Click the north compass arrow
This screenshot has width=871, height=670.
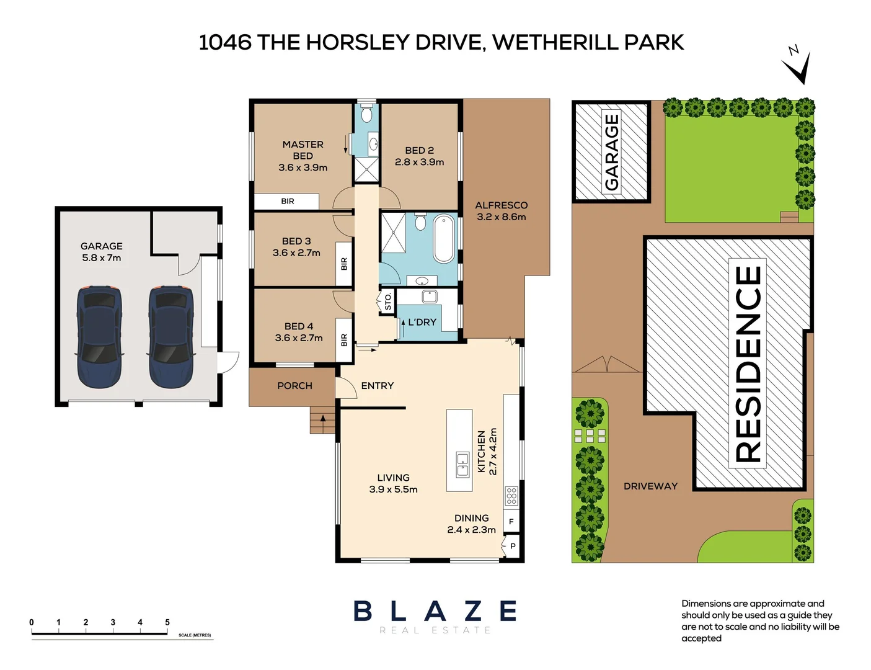pyautogui.click(x=800, y=68)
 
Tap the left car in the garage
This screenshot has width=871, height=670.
pyautogui.click(x=99, y=336)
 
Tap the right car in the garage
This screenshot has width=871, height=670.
pyautogui.click(x=171, y=336)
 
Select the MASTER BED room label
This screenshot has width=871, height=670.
pyautogui.click(x=303, y=156)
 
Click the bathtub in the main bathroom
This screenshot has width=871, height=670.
pyautogui.click(x=444, y=239)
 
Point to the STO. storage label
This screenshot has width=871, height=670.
pyautogui.click(x=388, y=301)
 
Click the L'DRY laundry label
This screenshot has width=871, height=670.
pyautogui.click(x=422, y=322)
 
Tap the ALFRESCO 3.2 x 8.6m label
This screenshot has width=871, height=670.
pyautogui.click(x=501, y=211)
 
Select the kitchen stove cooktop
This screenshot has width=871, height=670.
pyautogui.click(x=511, y=496)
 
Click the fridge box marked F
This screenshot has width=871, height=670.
pyautogui.click(x=511, y=522)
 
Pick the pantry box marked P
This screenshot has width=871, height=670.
pyautogui.click(x=513, y=547)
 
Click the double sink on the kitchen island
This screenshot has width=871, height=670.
pyautogui.click(x=462, y=464)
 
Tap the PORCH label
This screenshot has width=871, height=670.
pyautogui.click(x=294, y=386)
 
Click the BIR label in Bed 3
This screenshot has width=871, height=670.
pyautogui.click(x=344, y=264)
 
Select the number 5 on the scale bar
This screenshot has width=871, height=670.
pyautogui.click(x=167, y=622)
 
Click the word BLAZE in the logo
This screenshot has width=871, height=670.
pyautogui.click(x=435, y=611)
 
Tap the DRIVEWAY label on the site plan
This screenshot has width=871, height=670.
pyautogui.click(x=650, y=486)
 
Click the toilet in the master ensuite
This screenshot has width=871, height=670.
pyautogui.click(x=366, y=115)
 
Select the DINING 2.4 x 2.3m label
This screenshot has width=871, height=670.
pyautogui.click(x=471, y=524)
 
